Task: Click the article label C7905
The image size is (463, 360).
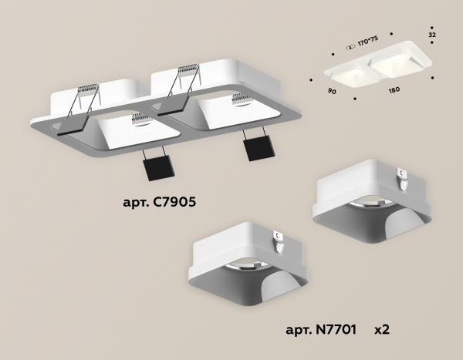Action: [160, 204]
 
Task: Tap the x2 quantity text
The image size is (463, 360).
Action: [381, 330]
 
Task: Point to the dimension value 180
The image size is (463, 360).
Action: [394, 90]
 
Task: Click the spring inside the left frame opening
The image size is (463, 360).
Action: [140, 118]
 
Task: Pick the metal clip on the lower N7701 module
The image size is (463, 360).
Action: [279, 241]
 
